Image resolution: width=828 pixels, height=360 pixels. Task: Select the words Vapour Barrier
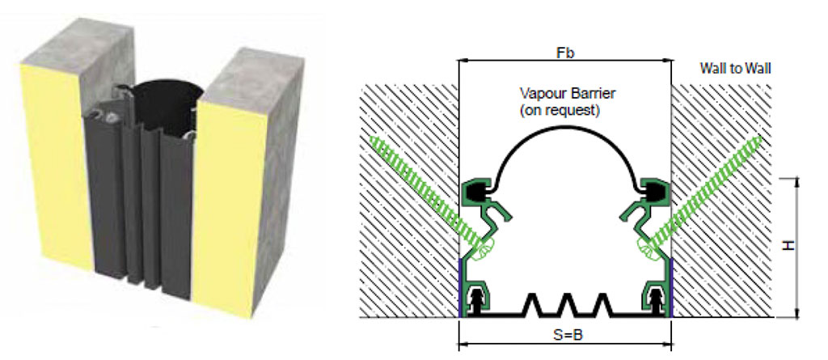(x=565, y=93)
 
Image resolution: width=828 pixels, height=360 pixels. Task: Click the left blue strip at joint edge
(x=461, y=287)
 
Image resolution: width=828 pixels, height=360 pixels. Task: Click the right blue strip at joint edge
(x=670, y=287)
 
